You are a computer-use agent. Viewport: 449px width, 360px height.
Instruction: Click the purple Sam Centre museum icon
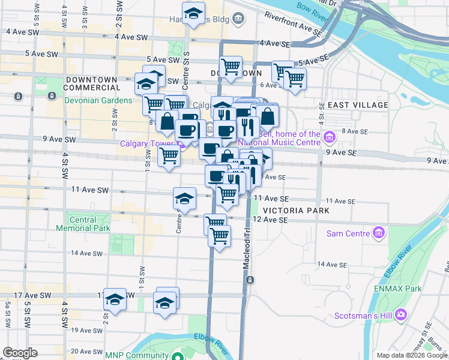(x=378, y=232)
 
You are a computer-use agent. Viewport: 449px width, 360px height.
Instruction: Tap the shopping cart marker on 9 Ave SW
(x=169, y=156)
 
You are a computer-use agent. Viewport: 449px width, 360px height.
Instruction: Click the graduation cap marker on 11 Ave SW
(x=184, y=198)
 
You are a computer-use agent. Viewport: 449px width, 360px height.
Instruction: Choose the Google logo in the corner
(x=20, y=353)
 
